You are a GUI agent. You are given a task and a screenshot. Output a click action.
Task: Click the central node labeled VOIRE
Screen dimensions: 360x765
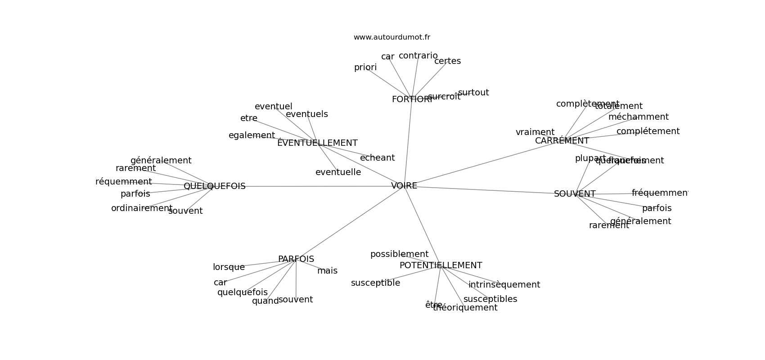point(404,186)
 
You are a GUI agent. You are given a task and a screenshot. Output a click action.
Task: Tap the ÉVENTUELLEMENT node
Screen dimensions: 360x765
point(317,143)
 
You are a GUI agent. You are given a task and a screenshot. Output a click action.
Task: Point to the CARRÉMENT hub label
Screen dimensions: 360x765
point(562,141)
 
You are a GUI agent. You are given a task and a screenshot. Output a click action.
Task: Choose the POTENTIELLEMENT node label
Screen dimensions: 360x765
point(441,265)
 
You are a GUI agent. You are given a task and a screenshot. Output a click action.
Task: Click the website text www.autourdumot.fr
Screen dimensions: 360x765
point(391,37)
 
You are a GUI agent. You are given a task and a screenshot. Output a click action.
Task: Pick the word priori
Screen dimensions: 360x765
point(365,67)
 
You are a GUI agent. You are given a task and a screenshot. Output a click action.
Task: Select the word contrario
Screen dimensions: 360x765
point(418,56)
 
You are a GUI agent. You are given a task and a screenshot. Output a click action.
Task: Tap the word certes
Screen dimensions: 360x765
point(447,61)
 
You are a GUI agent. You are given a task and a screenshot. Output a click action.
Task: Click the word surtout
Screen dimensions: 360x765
point(473,93)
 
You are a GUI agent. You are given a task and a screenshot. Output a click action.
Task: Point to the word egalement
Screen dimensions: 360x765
point(252,135)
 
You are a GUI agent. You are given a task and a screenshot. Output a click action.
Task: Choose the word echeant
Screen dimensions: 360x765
point(377,158)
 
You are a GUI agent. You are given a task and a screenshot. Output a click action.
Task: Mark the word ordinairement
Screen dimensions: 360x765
point(142,208)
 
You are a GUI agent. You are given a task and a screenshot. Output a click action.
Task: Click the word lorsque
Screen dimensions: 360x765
point(229,267)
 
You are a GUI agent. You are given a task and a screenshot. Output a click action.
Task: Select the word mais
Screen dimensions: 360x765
point(327,271)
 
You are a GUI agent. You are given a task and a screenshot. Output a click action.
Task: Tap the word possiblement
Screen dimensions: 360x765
point(399,254)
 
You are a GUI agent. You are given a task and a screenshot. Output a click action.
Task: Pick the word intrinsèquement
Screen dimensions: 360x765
point(504,285)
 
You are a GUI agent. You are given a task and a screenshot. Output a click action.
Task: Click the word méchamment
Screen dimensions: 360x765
point(638,117)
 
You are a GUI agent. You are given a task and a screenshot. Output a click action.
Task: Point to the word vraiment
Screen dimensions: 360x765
point(535,132)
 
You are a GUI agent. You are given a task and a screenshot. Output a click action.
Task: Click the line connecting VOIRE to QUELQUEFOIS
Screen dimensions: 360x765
point(315,186)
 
